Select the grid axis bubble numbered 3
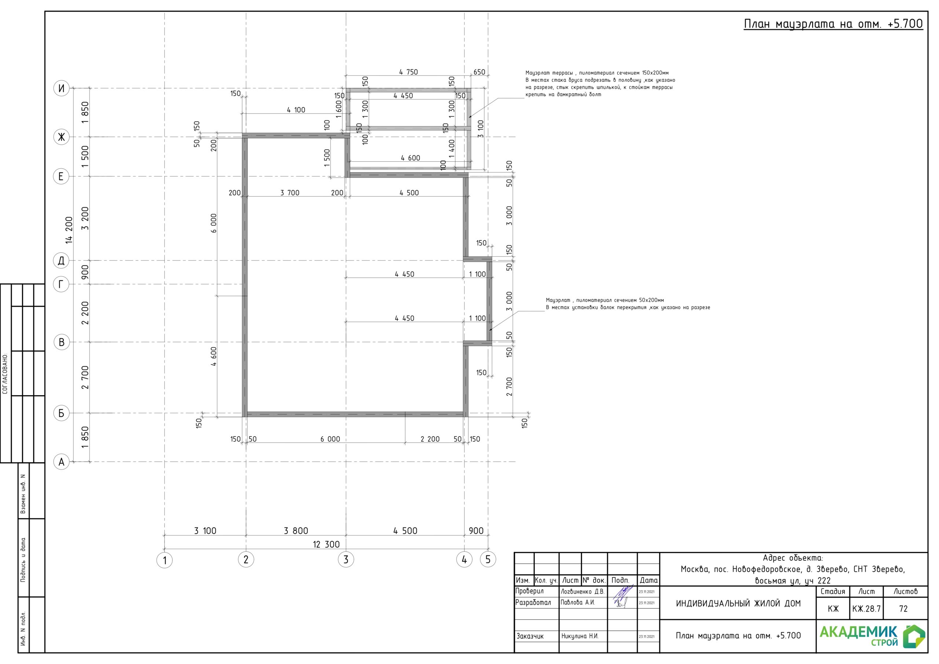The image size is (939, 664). pos(346,559)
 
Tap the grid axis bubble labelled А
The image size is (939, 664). pos(61,462)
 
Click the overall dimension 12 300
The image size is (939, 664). pos(326,544)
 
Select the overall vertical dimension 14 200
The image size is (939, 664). pos(69,230)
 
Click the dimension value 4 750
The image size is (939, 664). pos(409,72)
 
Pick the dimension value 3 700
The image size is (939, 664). pos(290,193)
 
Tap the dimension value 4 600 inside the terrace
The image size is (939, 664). pos(410,158)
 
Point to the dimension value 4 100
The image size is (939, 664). pos(296,110)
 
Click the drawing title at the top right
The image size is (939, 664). pos(833,24)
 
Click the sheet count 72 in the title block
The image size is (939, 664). pos(903,609)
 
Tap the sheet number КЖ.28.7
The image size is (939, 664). pos(866,609)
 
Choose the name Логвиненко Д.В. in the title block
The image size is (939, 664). pos(582,592)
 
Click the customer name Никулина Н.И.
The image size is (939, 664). pos(580,636)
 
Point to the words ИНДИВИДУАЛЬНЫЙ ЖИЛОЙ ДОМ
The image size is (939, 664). pos(738,603)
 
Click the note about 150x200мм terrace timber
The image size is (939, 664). pos(600,84)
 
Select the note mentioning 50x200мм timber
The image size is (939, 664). pos(628,303)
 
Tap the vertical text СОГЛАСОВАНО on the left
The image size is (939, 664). pos(5,373)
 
